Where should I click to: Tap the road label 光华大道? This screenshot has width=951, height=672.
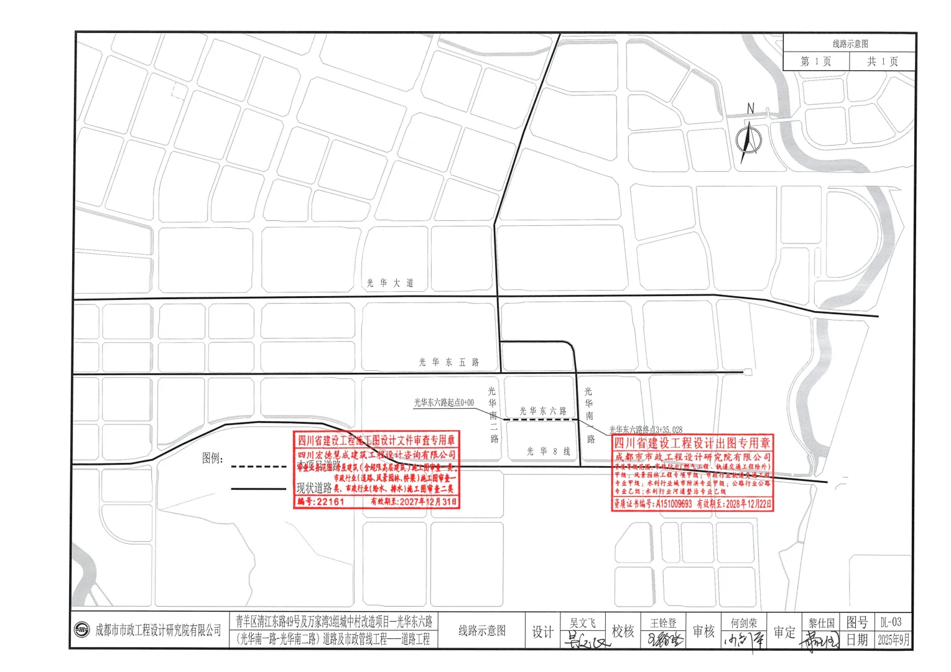pyautogui.click(x=390, y=283)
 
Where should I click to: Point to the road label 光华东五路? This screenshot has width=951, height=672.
pyautogui.click(x=448, y=362)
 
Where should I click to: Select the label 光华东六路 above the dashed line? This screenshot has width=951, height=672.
pyautogui.click(x=543, y=411)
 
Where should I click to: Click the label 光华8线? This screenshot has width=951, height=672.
pyautogui.click(x=548, y=452)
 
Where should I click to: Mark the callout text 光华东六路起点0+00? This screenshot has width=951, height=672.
pyautogui.click(x=444, y=403)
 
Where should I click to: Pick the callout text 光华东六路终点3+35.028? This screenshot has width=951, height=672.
pyautogui.click(x=646, y=429)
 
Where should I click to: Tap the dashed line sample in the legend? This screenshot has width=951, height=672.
pyautogui.click(x=258, y=466)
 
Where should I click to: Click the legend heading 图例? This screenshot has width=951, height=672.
pyautogui.click(x=212, y=459)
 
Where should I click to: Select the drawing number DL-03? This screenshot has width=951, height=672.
pyautogui.click(x=891, y=622)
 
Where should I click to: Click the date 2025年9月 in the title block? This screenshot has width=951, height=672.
pyautogui.click(x=893, y=639)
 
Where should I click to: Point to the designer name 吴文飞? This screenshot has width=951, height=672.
pyautogui.click(x=583, y=622)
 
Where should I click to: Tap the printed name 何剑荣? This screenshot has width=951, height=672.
pyautogui.click(x=744, y=623)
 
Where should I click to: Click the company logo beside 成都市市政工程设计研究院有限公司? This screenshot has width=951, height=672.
pyautogui.click(x=82, y=630)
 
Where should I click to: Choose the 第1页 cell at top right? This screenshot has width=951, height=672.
pyautogui.click(x=815, y=61)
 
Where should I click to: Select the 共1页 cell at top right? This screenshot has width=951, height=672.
pyautogui.click(x=883, y=61)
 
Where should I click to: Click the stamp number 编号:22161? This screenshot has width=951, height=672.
pyautogui.click(x=321, y=502)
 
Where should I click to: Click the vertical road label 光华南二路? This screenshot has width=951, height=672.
pyautogui.click(x=493, y=414)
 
